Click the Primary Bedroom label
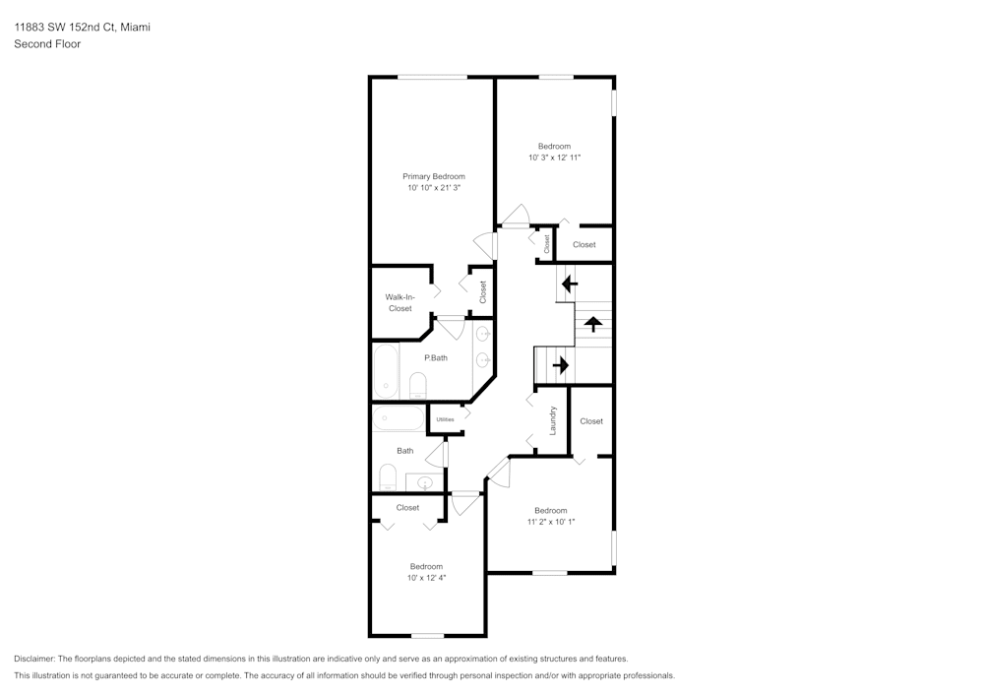pyautogui.click(x=433, y=176)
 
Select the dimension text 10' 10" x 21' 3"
pyautogui.click(x=433, y=187)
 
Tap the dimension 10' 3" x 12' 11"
pyautogui.click(x=554, y=158)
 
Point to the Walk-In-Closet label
pyautogui.click(x=400, y=302)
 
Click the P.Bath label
pyautogui.click(x=435, y=357)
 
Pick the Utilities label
pyautogui.click(x=445, y=419)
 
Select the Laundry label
pyautogui.click(x=554, y=420)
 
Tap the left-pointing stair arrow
pyautogui.click(x=569, y=285)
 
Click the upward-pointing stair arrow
pyautogui.click(x=593, y=324)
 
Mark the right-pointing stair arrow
pyautogui.click(x=561, y=365)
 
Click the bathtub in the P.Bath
pyautogui.click(x=385, y=371)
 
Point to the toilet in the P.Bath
pyautogui.click(x=417, y=384)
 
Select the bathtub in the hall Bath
pyautogui.click(x=397, y=420)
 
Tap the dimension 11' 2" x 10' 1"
pyautogui.click(x=550, y=522)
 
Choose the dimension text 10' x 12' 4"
pyautogui.click(x=426, y=578)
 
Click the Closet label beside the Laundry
pyautogui.click(x=591, y=421)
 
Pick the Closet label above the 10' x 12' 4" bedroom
pyautogui.click(x=407, y=508)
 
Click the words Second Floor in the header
pyautogui.click(x=47, y=44)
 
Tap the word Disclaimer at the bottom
pyautogui.click(x=35, y=659)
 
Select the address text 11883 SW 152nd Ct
pyautogui.click(x=63, y=28)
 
